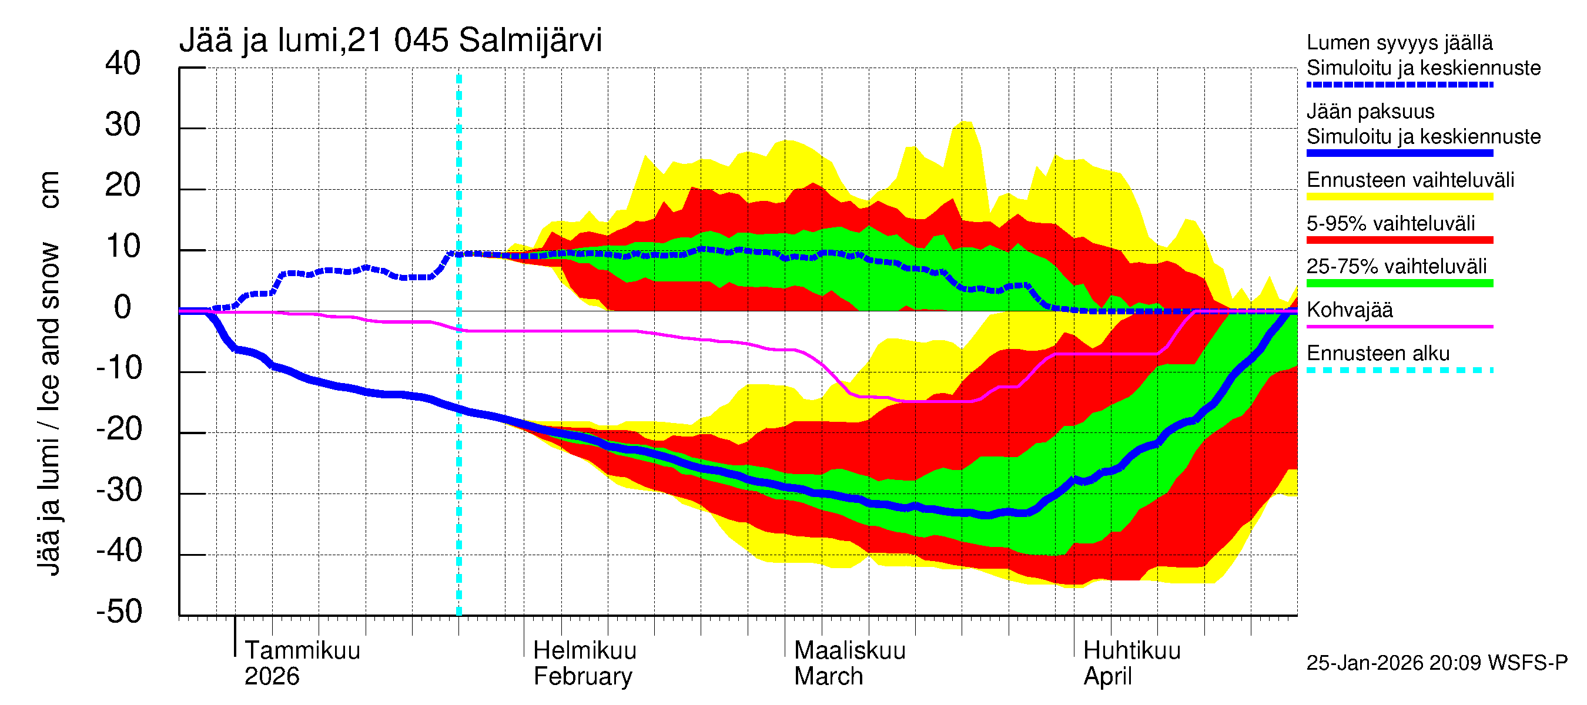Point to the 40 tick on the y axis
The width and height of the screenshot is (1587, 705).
click(x=123, y=64)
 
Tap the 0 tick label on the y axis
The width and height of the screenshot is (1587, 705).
click(x=123, y=307)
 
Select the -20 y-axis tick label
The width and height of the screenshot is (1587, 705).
click(x=119, y=429)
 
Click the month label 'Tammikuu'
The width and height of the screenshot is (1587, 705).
click(x=302, y=650)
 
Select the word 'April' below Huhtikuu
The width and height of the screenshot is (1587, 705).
click(x=1107, y=676)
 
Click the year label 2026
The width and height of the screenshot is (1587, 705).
click(x=272, y=676)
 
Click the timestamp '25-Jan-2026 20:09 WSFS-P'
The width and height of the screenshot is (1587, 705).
click(x=1436, y=663)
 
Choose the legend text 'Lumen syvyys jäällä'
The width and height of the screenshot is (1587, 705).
click(x=1399, y=42)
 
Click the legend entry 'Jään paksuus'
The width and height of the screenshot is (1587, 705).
click(x=1370, y=112)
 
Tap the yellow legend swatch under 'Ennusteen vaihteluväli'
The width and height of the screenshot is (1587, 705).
click(x=1399, y=197)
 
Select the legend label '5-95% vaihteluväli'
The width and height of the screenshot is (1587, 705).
click(x=1391, y=223)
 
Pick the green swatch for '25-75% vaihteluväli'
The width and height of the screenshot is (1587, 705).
click(x=1399, y=283)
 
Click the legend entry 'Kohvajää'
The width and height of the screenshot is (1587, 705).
click(x=1349, y=310)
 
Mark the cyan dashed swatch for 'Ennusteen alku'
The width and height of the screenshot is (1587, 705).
click(x=1399, y=370)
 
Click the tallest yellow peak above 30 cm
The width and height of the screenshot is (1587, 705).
click(x=966, y=123)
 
